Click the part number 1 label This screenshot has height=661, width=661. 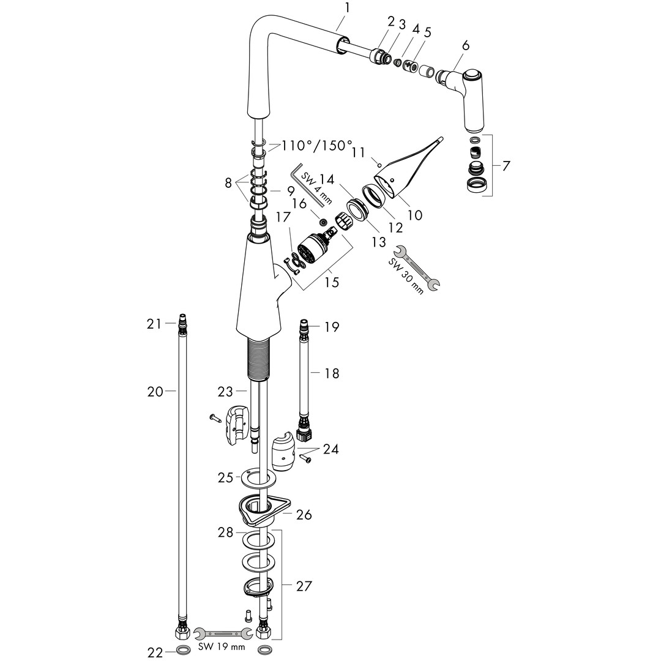tap(347, 8)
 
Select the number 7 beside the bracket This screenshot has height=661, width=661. tap(506, 165)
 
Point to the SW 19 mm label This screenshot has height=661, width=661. tap(221, 647)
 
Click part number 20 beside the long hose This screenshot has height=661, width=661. tap(155, 391)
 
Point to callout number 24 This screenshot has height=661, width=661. tap(332, 450)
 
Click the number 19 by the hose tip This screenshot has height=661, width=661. tap(331, 327)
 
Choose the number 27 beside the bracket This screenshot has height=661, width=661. tap(304, 586)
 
